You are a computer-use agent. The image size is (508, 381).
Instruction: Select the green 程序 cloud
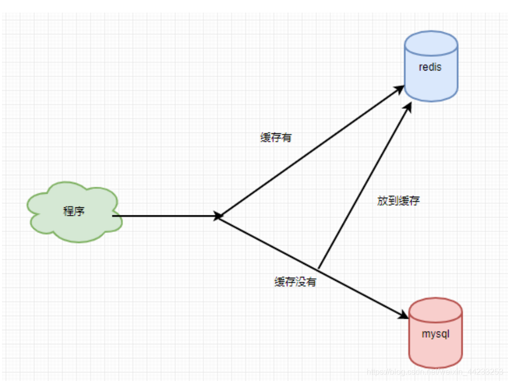75,211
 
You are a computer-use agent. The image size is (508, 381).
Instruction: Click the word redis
430,67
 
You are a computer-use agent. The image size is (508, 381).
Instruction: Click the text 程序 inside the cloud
74,211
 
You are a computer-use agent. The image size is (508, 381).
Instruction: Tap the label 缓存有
275,138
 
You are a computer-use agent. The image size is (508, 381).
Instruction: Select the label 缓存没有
295,282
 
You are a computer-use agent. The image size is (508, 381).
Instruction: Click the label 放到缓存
398,201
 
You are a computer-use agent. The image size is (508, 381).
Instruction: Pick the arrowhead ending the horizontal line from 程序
218,216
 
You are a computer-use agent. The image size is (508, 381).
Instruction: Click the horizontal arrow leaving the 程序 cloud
166,216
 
